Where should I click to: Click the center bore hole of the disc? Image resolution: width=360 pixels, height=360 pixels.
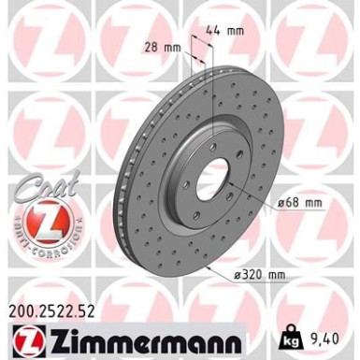[212, 173]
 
